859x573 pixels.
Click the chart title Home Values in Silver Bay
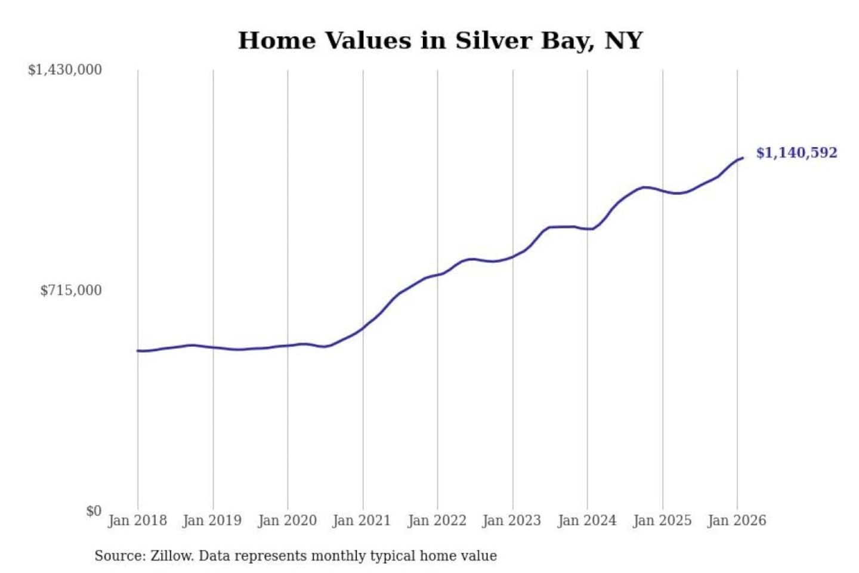coord(440,41)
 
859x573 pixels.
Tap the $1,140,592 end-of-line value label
coord(796,153)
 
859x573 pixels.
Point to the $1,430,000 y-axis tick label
coord(65,70)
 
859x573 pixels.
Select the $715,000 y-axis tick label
coord(71,291)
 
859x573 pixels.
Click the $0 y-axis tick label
coord(94,511)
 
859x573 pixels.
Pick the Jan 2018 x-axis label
coord(137,520)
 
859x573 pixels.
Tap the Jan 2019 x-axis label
coord(212,520)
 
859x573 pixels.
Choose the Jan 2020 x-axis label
coord(287,520)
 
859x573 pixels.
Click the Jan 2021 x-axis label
coord(361,520)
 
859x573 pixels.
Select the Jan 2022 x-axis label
coord(437,520)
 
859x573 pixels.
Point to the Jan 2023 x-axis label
coord(511,520)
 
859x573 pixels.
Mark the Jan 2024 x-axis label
coord(586,520)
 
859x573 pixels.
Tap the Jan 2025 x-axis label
coord(662,520)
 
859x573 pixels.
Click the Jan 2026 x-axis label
coord(736,520)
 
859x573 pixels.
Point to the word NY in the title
coord(623,41)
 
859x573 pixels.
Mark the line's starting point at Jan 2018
coord(138,351)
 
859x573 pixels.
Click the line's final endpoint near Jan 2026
coord(743,158)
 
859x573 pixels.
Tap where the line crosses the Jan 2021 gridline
coord(363,328)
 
